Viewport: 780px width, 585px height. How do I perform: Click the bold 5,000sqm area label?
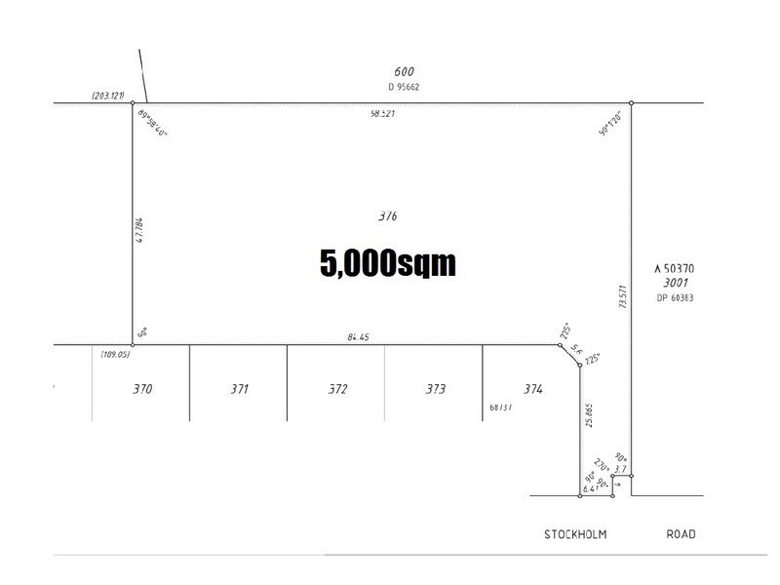click(388, 262)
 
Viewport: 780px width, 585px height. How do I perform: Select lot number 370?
click(142, 389)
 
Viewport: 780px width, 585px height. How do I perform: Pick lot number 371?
click(240, 389)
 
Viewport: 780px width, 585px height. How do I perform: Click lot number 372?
click(337, 389)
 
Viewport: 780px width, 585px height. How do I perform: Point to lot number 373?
click(435, 389)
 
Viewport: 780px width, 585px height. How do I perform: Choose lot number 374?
click(531, 389)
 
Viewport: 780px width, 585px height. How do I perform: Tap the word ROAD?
click(681, 534)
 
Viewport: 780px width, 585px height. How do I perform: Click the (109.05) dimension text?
click(114, 355)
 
